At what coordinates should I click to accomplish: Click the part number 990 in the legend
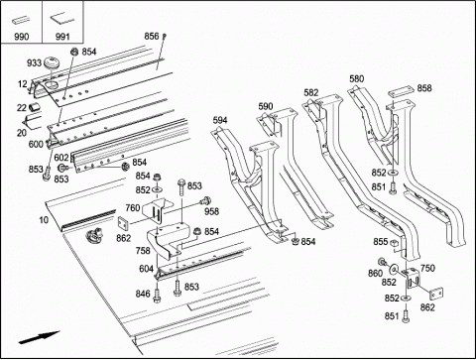pyautogui.click(x=22, y=36)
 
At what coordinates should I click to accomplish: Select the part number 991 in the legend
pyautogui.click(x=62, y=36)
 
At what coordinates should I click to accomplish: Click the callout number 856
pyautogui.click(x=152, y=36)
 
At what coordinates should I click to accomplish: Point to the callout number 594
pyautogui.click(x=220, y=120)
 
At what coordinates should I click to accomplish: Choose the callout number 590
pyautogui.click(x=266, y=106)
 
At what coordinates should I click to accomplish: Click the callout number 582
pyautogui.click(x=311, y=92)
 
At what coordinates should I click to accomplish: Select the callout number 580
pyautogui.click(x=357, y=78)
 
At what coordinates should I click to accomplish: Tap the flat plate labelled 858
pyautogui.click(x=401, y=91)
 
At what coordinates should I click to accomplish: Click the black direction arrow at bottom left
pyautogui.click(x=39, y=338)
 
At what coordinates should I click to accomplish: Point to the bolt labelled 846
pyautogui.click(x=157, y=296)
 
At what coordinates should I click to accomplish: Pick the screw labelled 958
pyautogui.click(x=205, y=200)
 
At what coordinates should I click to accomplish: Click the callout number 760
pyautogui.click(x=133, y=208)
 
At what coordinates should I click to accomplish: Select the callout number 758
pyautogui.click(x=143, y=251)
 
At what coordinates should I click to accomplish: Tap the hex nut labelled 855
pyautogui.click(x=394, y=243)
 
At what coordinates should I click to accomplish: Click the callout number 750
pyautogui.click(x=427, y=268)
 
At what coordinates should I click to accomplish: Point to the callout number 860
pyautogui.click(x=376, y=273)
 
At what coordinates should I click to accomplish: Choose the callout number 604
pyautogui.click(x=146, y=269)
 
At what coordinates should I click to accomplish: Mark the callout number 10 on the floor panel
pyautogui.click(x=44, y=219)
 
